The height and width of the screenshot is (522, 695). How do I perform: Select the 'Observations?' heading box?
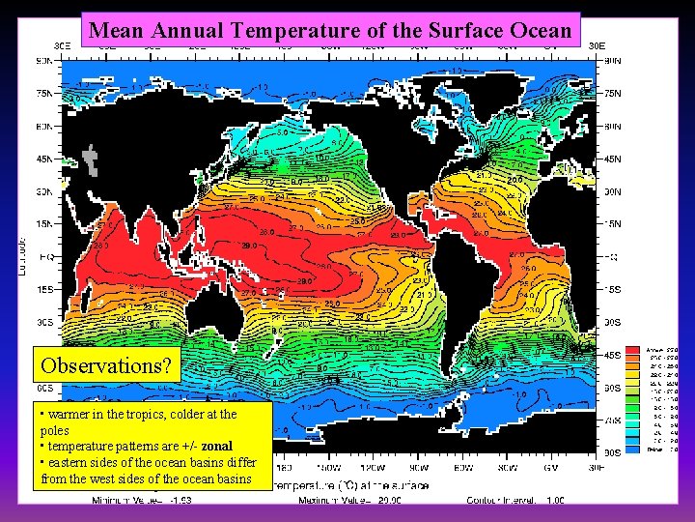(106, 366)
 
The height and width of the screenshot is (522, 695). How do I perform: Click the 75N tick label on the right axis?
(613, 95)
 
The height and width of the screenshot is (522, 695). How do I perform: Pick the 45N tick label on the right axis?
(613, 159)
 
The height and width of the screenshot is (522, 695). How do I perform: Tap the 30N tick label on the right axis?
(613, 192)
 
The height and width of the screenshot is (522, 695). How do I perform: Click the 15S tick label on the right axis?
(613, 290)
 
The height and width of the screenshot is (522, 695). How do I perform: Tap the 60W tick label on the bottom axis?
(437, 467)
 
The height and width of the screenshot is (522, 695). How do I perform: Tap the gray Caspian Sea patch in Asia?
(92, 157)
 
